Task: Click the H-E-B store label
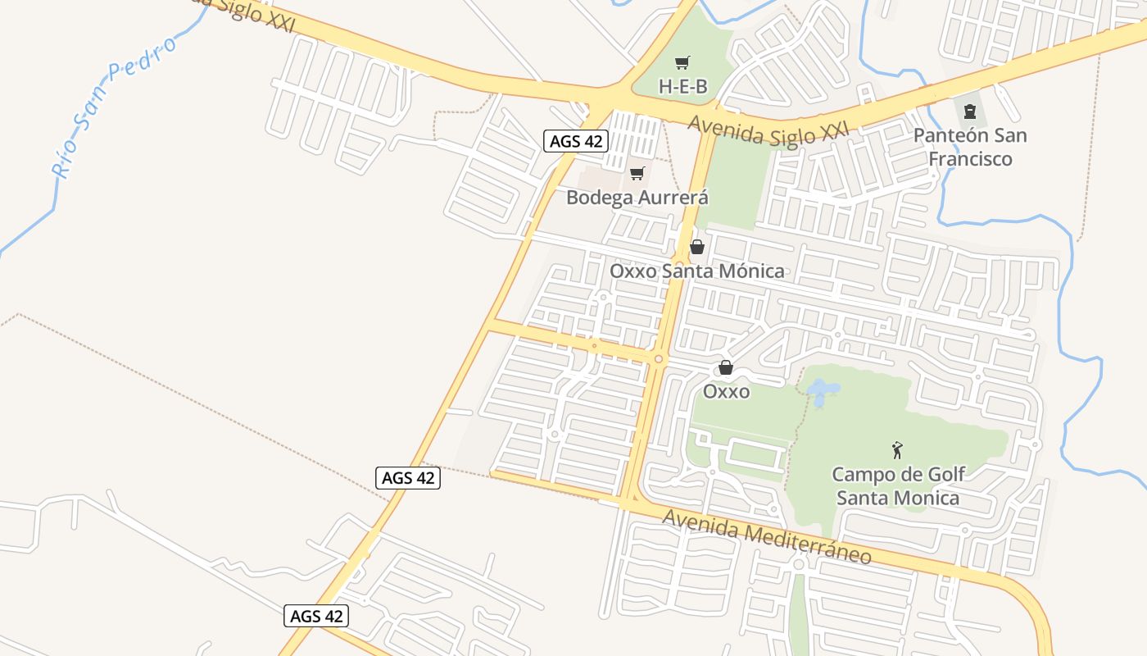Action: tap(682, 86)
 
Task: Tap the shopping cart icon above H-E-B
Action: tap(682, 62)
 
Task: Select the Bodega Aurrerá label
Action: tap(637, 198)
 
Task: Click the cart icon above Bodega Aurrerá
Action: tap(637, 173)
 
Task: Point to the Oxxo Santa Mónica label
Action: tap(696, 271)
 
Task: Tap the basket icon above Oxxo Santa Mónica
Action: tap(697, 246)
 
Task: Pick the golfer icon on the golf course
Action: tap(898, 449)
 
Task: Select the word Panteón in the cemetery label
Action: tap(949, 135)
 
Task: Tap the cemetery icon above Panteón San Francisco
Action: tap(970, 111)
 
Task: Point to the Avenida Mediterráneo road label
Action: tap(767, 536)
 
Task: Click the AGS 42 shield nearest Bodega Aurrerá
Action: tap(576, 141)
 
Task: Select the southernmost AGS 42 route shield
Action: tap(316, 616)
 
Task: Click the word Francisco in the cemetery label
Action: tap(971, 158)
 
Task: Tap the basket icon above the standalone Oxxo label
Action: tap(726, 367)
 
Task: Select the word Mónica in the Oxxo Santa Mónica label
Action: tap(751, 271)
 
